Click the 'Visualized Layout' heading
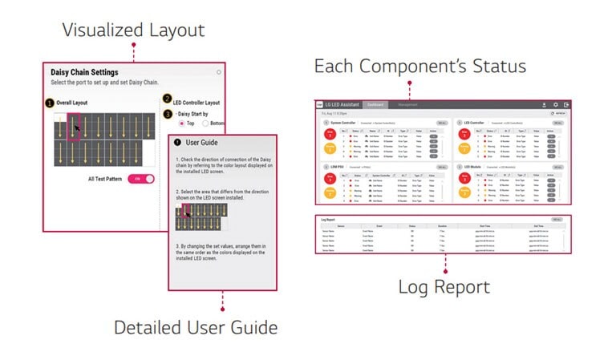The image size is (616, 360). click(x=134, y=30)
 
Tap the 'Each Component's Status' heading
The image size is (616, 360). click(x=419, y=66)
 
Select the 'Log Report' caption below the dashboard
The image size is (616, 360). click(x=444, y=286)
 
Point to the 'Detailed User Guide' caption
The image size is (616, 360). click(x=196, y=327)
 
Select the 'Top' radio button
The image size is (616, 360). click(x=182, y=123)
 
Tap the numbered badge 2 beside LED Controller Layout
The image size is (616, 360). click(x=167, y=99)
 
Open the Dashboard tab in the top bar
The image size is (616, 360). click(x=376, y=104)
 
